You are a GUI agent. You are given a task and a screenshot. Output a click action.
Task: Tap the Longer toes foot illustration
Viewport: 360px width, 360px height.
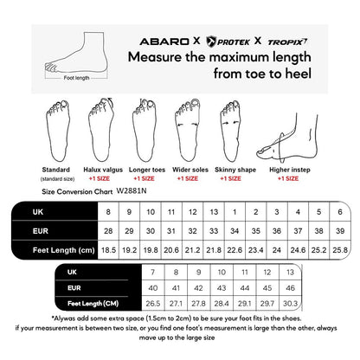pos(145,130)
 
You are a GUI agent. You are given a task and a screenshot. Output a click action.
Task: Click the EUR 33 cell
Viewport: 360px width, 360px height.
pos(212,230)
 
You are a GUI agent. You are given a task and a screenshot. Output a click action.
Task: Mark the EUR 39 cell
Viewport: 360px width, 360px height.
pos(339,230)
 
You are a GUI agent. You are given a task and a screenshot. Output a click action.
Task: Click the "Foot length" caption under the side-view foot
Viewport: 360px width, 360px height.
pos(76,78)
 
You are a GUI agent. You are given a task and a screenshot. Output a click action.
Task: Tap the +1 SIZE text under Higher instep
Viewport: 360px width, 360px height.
pos(287,177)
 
